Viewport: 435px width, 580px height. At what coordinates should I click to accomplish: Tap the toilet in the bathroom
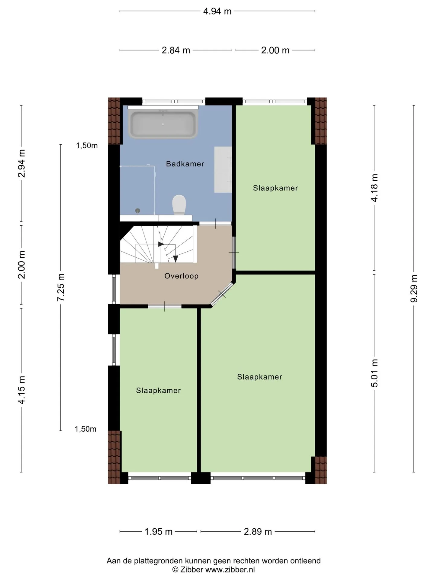pos(179,205)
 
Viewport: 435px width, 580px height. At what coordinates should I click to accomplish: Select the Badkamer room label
pos(185,164)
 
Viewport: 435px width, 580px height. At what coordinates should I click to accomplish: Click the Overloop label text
pos(181,276)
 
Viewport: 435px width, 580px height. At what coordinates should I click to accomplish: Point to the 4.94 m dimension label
pos(217,11)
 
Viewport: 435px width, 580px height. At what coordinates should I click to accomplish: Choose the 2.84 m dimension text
pos(176,50)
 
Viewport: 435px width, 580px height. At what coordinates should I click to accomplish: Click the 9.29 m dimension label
pos(414,288)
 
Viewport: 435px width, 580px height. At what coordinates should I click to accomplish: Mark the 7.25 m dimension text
pos(61,287)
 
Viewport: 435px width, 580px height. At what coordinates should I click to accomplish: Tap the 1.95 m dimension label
pos(158,531)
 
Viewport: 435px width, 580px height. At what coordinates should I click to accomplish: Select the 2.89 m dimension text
pos(258,531)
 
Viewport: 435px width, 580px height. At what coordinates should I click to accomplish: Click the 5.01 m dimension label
pos(374,373)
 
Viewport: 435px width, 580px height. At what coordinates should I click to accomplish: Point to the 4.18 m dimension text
pos(374,188)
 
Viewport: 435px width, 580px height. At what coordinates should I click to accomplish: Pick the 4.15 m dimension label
pos(21,390)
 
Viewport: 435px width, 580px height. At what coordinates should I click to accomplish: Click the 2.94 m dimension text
pos(21,163)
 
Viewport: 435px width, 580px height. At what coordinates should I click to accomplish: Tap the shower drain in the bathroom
pos(138,211)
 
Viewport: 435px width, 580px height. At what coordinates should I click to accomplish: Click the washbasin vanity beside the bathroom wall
pos(223,169)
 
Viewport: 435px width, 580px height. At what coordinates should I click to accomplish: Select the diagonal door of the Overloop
pos(222,294)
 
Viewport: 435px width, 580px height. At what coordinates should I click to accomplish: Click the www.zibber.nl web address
pos(230,569)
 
